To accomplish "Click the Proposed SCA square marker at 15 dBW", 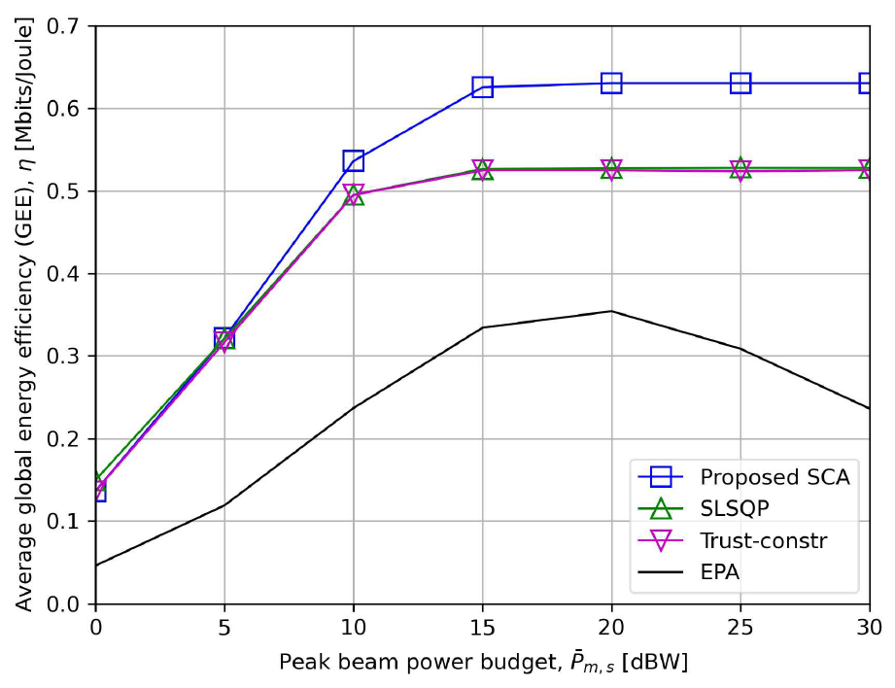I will click(x=482, y=87).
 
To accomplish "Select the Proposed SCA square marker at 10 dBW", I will click(x=353, y=161).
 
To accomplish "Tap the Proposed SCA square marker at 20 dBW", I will click(x=611, y=84).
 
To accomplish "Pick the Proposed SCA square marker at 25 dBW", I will click(x=740, y=84).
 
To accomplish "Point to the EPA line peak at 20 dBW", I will click(x=611, y=311).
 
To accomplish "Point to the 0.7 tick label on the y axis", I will click(x=66, y=26).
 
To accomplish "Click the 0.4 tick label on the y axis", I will click(x=66, y=274).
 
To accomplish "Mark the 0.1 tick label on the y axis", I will click(x=66, y=522).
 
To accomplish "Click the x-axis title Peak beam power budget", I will click(x=483, y=663).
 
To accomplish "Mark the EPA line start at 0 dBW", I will click(x=96, y=565).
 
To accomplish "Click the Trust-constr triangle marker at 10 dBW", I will click(x=353, y=194).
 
